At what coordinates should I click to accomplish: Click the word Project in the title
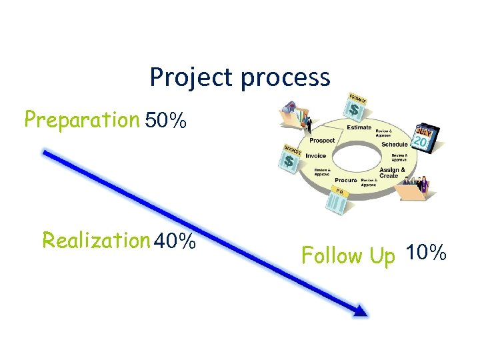(193, 78)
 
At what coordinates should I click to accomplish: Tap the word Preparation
(81, 120)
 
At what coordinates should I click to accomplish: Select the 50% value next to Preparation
(165, 121)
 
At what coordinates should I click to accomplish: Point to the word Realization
(96, 239)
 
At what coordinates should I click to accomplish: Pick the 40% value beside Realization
(175, 240)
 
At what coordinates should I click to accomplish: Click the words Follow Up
(348, 255)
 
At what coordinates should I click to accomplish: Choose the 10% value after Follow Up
(425, 253)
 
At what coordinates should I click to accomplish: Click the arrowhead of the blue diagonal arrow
(360, 310)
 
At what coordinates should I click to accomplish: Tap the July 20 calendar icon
(425, 137)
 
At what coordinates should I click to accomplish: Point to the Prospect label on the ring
(323, 141)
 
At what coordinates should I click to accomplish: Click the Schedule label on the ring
(395, 145)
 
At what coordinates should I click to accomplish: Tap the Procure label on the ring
(346, 180)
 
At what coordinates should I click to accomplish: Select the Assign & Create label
(389, 173)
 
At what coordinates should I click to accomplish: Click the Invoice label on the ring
(316, 155)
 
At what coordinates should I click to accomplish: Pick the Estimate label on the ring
(359, 127)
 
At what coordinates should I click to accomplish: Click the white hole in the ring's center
(358, 155)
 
